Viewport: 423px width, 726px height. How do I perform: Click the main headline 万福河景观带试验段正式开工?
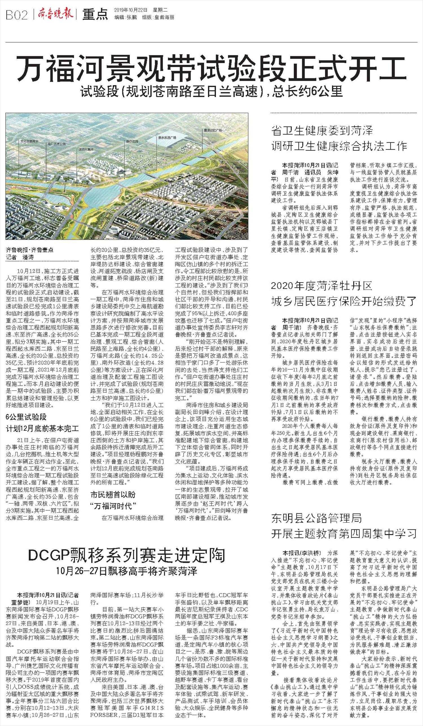click(211, 69)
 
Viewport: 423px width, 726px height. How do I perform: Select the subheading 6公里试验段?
click(26, 417)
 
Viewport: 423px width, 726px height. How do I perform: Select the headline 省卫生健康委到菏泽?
click(322, 131)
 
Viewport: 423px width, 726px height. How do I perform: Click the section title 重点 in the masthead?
click(95, 15)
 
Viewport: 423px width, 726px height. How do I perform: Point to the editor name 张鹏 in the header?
click(131, 17)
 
